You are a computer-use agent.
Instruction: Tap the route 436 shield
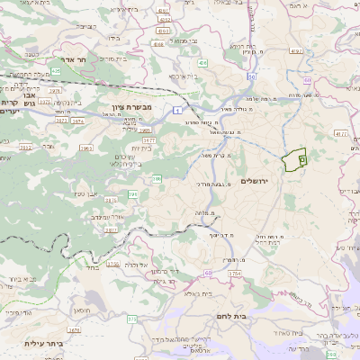click(x=203, y=63)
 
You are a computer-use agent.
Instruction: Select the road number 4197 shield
click(x=295, y=51)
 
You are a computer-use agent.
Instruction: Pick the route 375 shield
click(x=132, y=319)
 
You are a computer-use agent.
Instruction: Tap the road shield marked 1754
click(x=236, y=273)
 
